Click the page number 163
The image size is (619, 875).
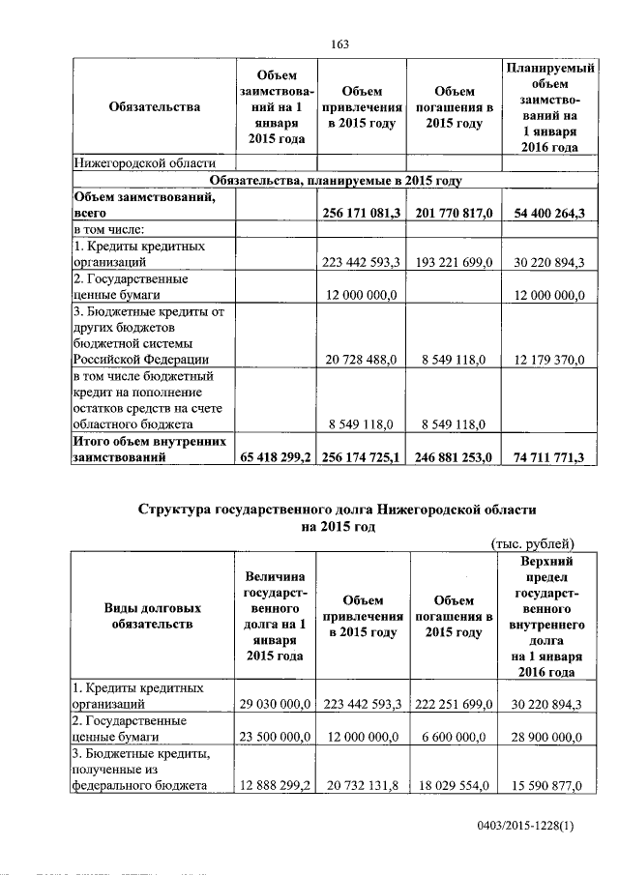339,44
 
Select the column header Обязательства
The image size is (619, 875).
155,107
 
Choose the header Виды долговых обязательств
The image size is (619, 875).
153,617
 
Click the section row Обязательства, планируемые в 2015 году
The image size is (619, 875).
337,180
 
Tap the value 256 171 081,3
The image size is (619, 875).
362,212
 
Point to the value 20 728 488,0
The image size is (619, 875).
362,360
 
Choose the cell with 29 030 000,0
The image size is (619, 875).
274,705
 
